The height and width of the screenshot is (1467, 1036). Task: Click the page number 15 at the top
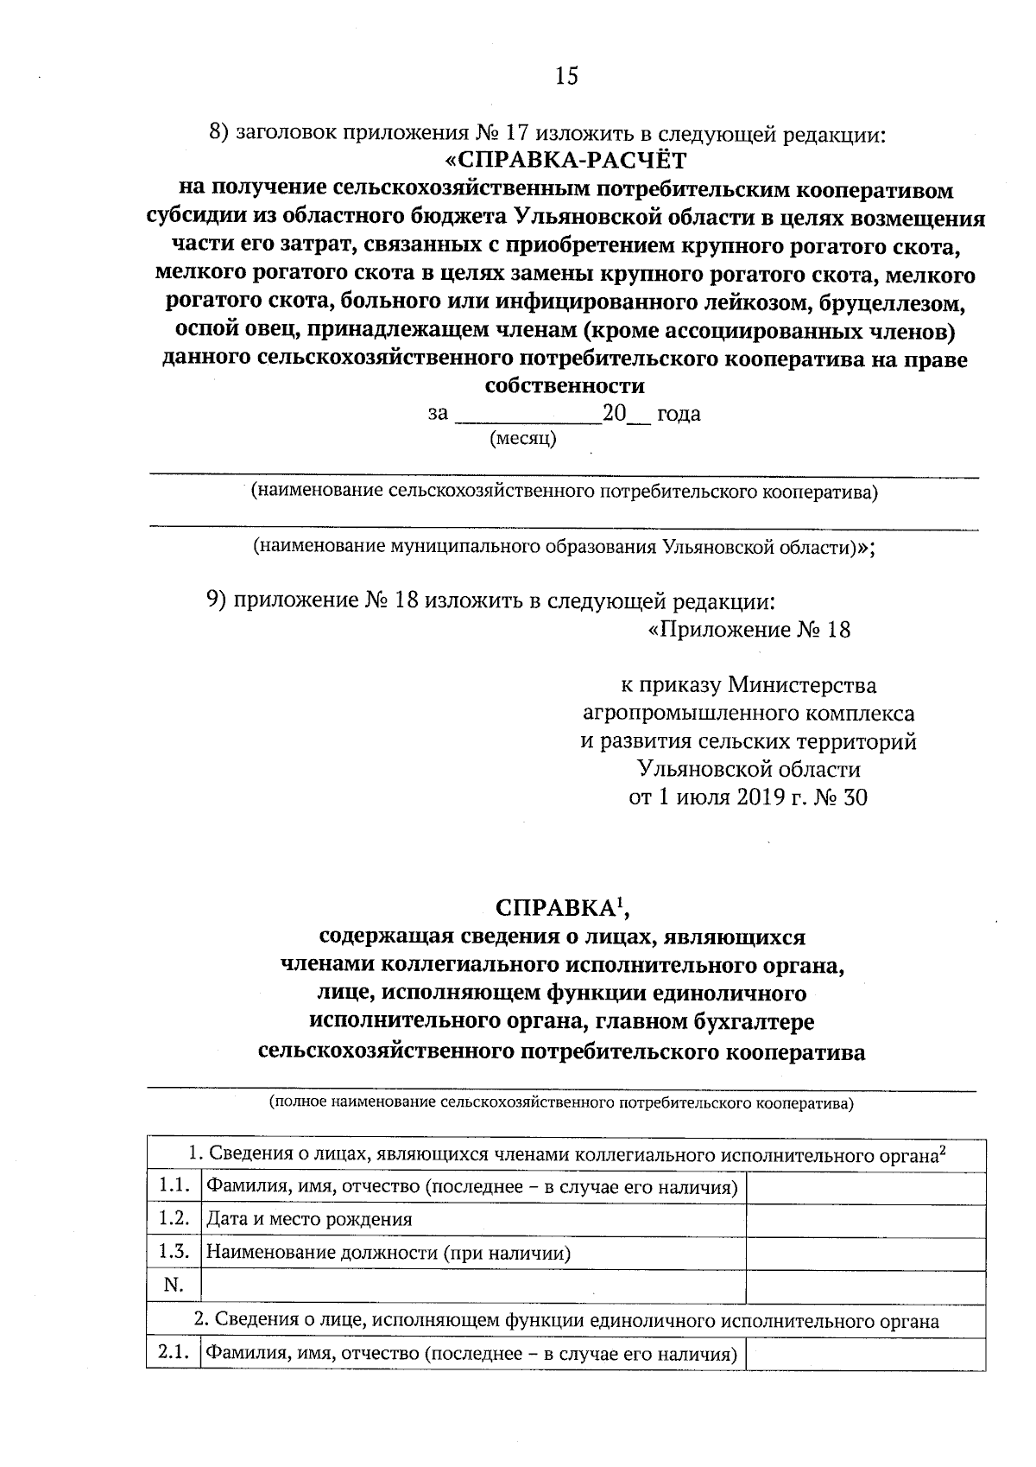(x=566, y=76)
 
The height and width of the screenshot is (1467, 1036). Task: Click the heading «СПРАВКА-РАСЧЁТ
(x=566, y=162)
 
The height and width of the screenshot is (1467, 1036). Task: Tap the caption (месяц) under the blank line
(x=523, y=439)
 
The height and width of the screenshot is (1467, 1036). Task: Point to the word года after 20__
(x=679, y=414)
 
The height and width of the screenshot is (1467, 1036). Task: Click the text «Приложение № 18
(x=749, y=630)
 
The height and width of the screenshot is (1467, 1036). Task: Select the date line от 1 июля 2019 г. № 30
(x=748, y=797)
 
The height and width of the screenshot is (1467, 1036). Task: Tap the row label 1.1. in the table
(x=174, y=1186)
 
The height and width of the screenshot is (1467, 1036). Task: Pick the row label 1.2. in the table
(x=174, y=1219)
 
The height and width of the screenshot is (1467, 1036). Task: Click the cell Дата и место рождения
(x=309, y=1220)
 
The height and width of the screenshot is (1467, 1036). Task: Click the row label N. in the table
(x=174, y=1286)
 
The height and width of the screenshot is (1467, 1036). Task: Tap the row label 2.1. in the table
(x=174, y=1353)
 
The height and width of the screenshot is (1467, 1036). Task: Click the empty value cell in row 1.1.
(x=865, y=1187)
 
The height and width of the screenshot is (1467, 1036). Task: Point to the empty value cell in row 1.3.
(x=865, y=1253)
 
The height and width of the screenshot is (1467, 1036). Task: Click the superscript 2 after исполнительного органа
(x=943, y=1149)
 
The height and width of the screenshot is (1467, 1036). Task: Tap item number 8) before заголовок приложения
(x=220, y=134)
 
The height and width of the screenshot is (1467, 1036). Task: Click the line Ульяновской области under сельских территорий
(x=748, y=769)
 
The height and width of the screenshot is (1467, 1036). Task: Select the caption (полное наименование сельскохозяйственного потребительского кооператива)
(x=561, y=1103)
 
